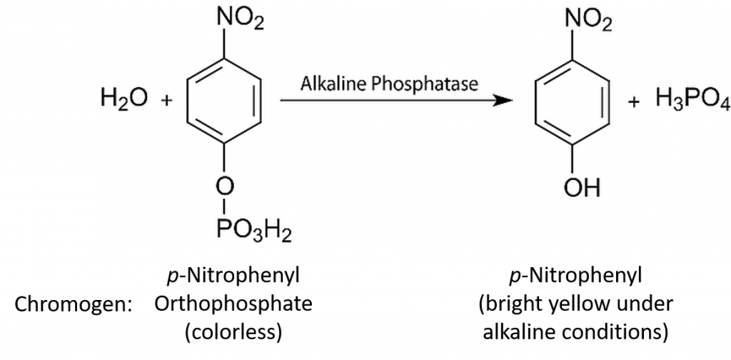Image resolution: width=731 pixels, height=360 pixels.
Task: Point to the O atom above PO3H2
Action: [225, 187]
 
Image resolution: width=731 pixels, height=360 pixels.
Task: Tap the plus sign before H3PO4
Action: [632, 101]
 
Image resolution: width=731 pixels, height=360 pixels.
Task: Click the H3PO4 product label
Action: [690, 101]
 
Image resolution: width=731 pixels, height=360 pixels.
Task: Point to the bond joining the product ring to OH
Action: [572, 161]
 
